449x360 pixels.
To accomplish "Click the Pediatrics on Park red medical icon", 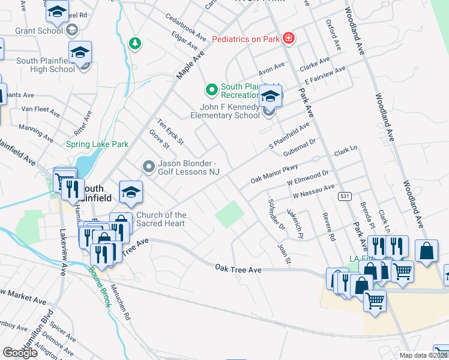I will coord(289,38).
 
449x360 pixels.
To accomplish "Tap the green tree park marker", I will coord(136,43).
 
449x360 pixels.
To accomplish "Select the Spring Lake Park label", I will coord(97,145).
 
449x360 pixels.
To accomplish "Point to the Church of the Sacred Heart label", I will coord(161,219).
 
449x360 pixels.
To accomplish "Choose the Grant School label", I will coord(38,30).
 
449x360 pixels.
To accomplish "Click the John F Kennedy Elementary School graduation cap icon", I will coord(271,96).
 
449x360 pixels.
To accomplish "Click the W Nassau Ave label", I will coord(313,191).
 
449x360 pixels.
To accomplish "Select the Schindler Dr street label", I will coord(277,214).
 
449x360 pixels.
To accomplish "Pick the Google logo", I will coord(20,353).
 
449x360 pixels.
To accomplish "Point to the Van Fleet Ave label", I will coord(41,111).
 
